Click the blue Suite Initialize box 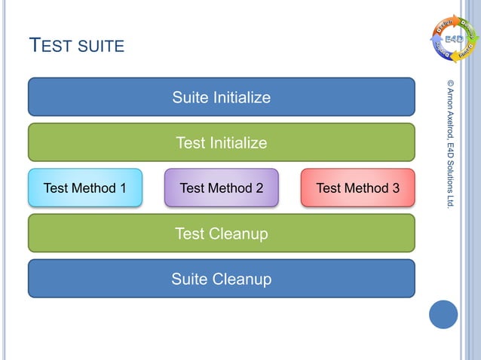(221, 97)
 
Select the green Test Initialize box (221, 142)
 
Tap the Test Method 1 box (84, 188)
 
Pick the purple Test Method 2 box (221, 188)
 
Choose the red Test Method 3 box (357, 188)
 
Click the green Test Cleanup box (221, 233)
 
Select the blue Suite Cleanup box (221, 279)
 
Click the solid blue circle (443, 314)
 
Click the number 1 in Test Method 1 (122, 188)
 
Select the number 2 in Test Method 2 (259, 188)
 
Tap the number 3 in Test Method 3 (395, 188)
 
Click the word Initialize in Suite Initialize (242, 97)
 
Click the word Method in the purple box (230, 188)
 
